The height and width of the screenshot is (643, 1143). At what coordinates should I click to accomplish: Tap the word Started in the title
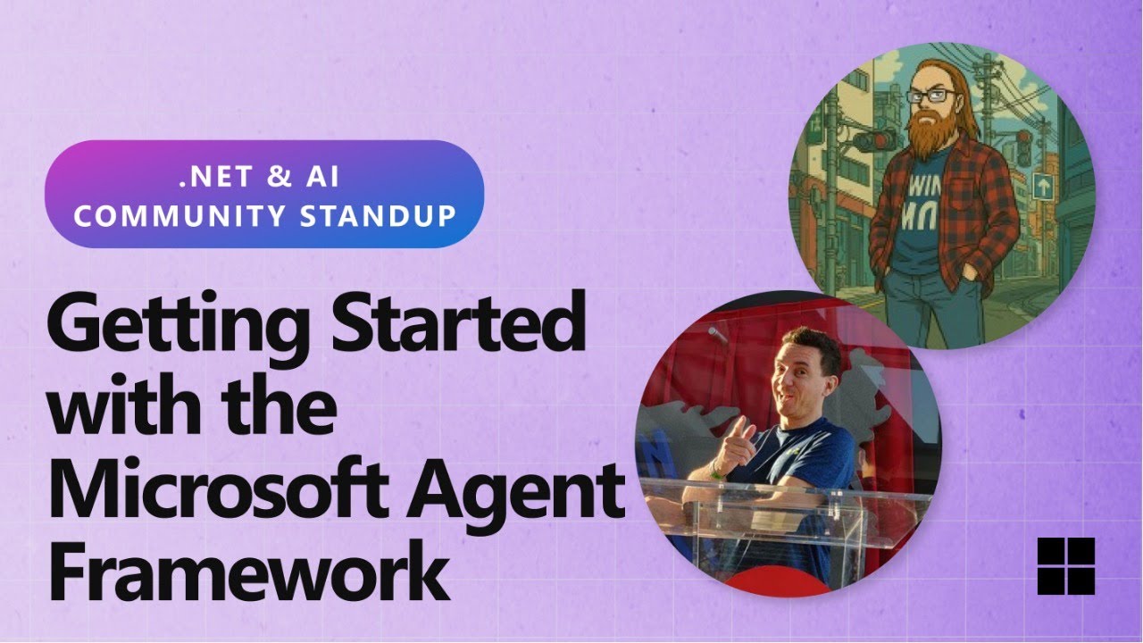[x=459, y=321]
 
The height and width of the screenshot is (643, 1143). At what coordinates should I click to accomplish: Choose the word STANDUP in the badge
[x=378, y=215]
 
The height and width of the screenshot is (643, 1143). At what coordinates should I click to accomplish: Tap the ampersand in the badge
[x=279, y=177]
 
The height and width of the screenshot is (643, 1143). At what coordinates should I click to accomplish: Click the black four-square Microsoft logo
[x=1066, y=566]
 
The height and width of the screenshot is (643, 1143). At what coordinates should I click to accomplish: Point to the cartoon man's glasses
[x=931, y=96]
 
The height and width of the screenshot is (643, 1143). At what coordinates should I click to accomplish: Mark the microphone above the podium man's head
[x=717, y=334]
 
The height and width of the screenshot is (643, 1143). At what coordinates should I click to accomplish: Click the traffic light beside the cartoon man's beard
[x=874, y=140]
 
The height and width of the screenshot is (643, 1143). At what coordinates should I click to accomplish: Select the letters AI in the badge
[x=322, y=177]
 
